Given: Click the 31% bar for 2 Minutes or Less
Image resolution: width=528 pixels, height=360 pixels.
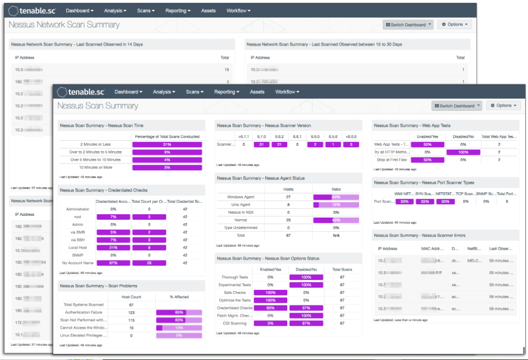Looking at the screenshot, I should point(167,144).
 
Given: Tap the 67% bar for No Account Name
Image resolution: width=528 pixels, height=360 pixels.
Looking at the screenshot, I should point(113,263).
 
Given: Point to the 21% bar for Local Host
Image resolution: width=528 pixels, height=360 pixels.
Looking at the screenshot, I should point(113,247).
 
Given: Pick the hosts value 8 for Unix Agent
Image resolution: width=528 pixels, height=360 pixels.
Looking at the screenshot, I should point(288,204).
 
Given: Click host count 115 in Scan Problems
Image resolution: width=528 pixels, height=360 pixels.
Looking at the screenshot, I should point(131,320).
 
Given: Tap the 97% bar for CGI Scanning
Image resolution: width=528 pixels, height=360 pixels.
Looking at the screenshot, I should point(305,323).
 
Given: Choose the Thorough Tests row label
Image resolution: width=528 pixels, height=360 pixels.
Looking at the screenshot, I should point(235,277).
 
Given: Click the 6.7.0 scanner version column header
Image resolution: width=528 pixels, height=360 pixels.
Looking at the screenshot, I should point(262,136).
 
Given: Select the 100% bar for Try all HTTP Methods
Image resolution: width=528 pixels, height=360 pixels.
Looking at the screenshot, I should point(463,152).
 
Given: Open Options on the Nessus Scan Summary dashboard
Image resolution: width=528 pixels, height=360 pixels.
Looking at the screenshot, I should point(503,105).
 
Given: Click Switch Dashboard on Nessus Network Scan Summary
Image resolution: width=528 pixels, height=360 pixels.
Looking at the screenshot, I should point(408,25).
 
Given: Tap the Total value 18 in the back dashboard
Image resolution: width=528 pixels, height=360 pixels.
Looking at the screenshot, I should point(226,70).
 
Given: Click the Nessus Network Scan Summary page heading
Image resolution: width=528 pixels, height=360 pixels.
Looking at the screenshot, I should point(64,25).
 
